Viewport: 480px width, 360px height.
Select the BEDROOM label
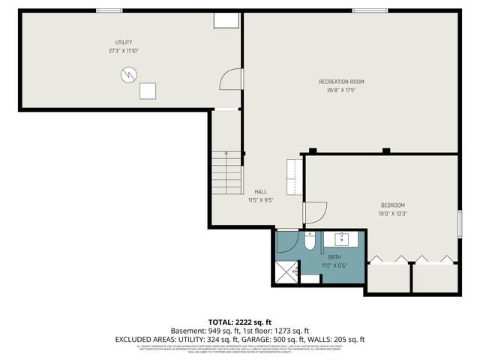393,205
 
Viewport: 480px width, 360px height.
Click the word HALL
260,191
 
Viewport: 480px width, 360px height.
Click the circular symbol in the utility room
129,74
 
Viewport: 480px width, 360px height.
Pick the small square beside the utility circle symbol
148,91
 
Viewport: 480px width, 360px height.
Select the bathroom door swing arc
287,241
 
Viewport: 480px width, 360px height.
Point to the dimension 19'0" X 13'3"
393,214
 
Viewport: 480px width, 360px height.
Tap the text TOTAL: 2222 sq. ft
239,320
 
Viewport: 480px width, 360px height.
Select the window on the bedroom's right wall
459,224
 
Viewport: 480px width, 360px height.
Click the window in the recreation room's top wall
365,10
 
